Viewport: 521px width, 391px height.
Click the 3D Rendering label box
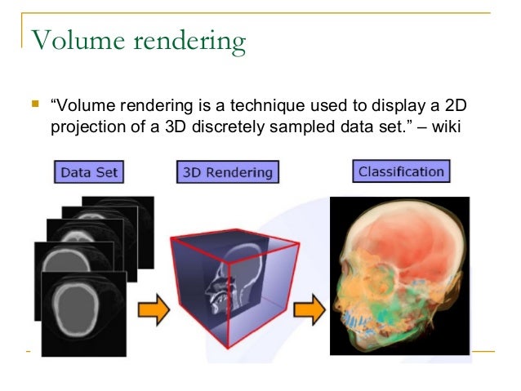(x=226, y=173)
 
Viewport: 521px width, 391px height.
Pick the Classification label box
(x=400, y=172)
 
